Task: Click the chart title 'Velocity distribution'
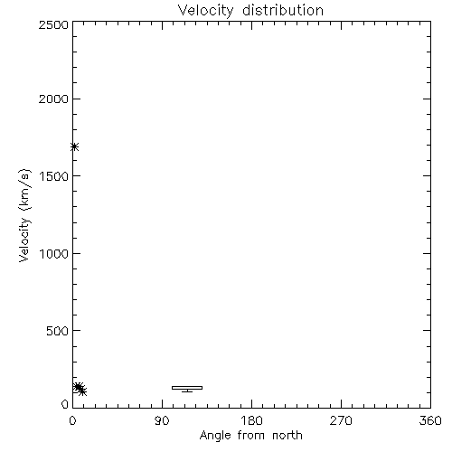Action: coord(250,11)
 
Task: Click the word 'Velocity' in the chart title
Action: coord(205,11)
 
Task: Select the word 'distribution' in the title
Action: coord(283,10)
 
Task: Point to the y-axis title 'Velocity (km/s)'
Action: coord(24,215)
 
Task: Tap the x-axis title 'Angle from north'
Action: coord(250,436)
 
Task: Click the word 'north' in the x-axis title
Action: coord(287,435)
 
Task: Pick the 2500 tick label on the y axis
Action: coord(53,24)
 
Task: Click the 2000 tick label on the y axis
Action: coord(53,99)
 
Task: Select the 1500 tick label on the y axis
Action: coord(54,176)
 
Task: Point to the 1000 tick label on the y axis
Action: coord(54,253)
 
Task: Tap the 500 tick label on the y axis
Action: coord(58,331)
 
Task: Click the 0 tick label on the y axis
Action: coord(65,404)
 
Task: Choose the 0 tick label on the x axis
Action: coord(72,420)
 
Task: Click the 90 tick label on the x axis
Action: coord(162,420)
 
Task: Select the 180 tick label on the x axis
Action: coord(251,420)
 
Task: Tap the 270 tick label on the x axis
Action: coord(341,420)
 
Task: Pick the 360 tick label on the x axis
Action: coord(430,420)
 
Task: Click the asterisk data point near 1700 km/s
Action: coord(74,146)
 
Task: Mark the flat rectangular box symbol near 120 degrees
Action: coord(187,388)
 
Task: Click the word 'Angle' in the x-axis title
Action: coord(215,436)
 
